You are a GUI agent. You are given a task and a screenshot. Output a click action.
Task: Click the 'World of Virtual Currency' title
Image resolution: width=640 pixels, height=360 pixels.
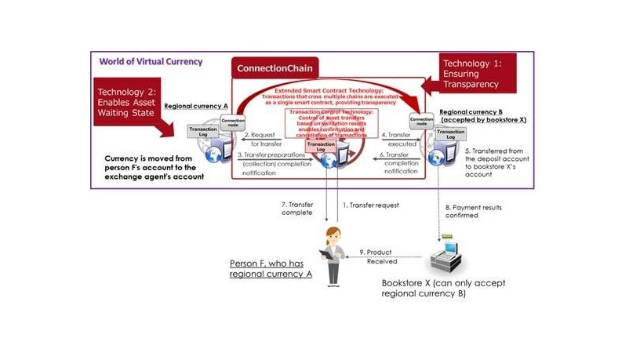[x=150, y=61]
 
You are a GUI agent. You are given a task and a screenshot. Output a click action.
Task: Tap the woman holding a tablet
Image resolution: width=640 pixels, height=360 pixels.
[x=333, y=254]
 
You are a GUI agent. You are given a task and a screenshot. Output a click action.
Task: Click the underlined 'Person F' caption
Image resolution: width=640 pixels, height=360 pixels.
[x=271, y=268]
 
